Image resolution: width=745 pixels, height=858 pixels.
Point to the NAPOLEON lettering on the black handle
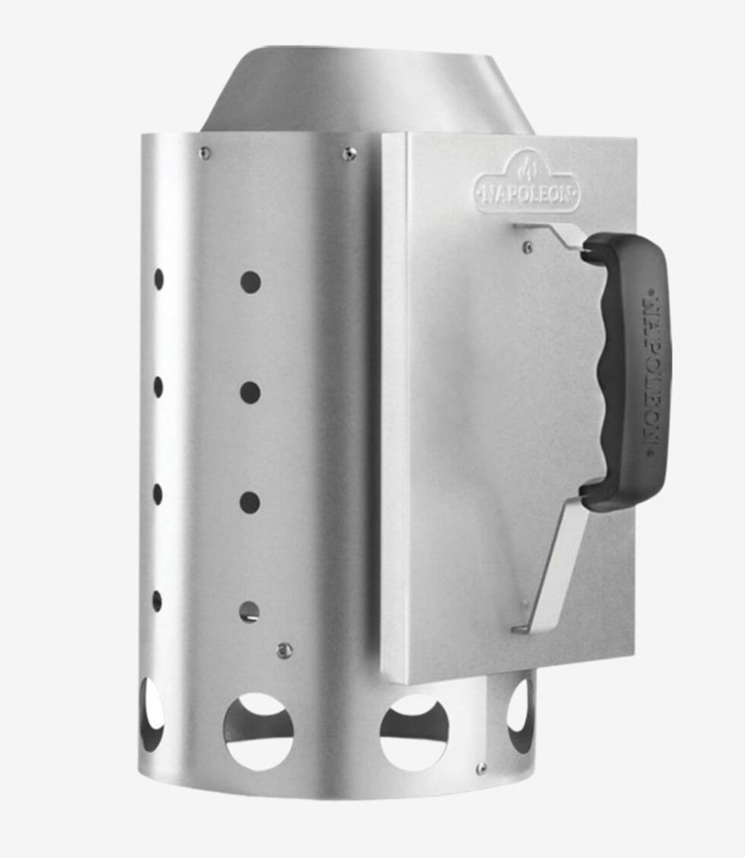[652, 371]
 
